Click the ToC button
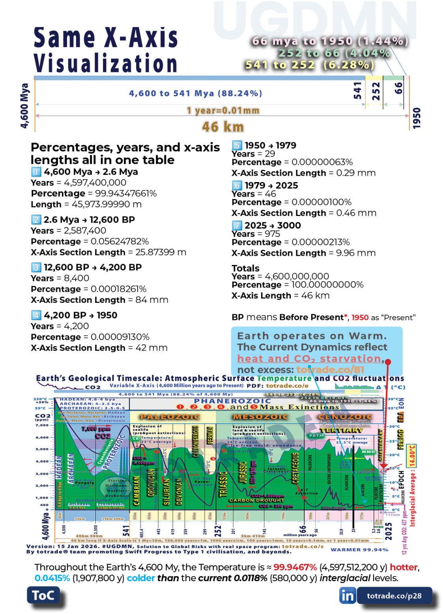(x=43, y=595)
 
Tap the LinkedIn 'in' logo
(x=347, y=595)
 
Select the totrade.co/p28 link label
(x=394, y=596)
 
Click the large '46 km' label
(x=222, y=127)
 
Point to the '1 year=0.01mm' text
(x=223, y=111)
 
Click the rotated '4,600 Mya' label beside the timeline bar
(x=24, y=105)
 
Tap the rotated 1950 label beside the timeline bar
(x=417, y=118)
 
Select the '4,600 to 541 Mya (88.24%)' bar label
(x=195, y=94)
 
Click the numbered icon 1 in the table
(x=36, y=172)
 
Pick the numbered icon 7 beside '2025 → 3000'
(x=237, y=225)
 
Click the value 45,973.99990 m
(x=107, y=205)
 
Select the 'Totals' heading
(x=245, y=268)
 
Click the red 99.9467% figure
(x=295, y=567)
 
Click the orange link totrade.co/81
(x=330, y=370)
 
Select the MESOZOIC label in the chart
(x=260, y=417)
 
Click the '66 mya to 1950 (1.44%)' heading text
(x=329, y=41)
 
